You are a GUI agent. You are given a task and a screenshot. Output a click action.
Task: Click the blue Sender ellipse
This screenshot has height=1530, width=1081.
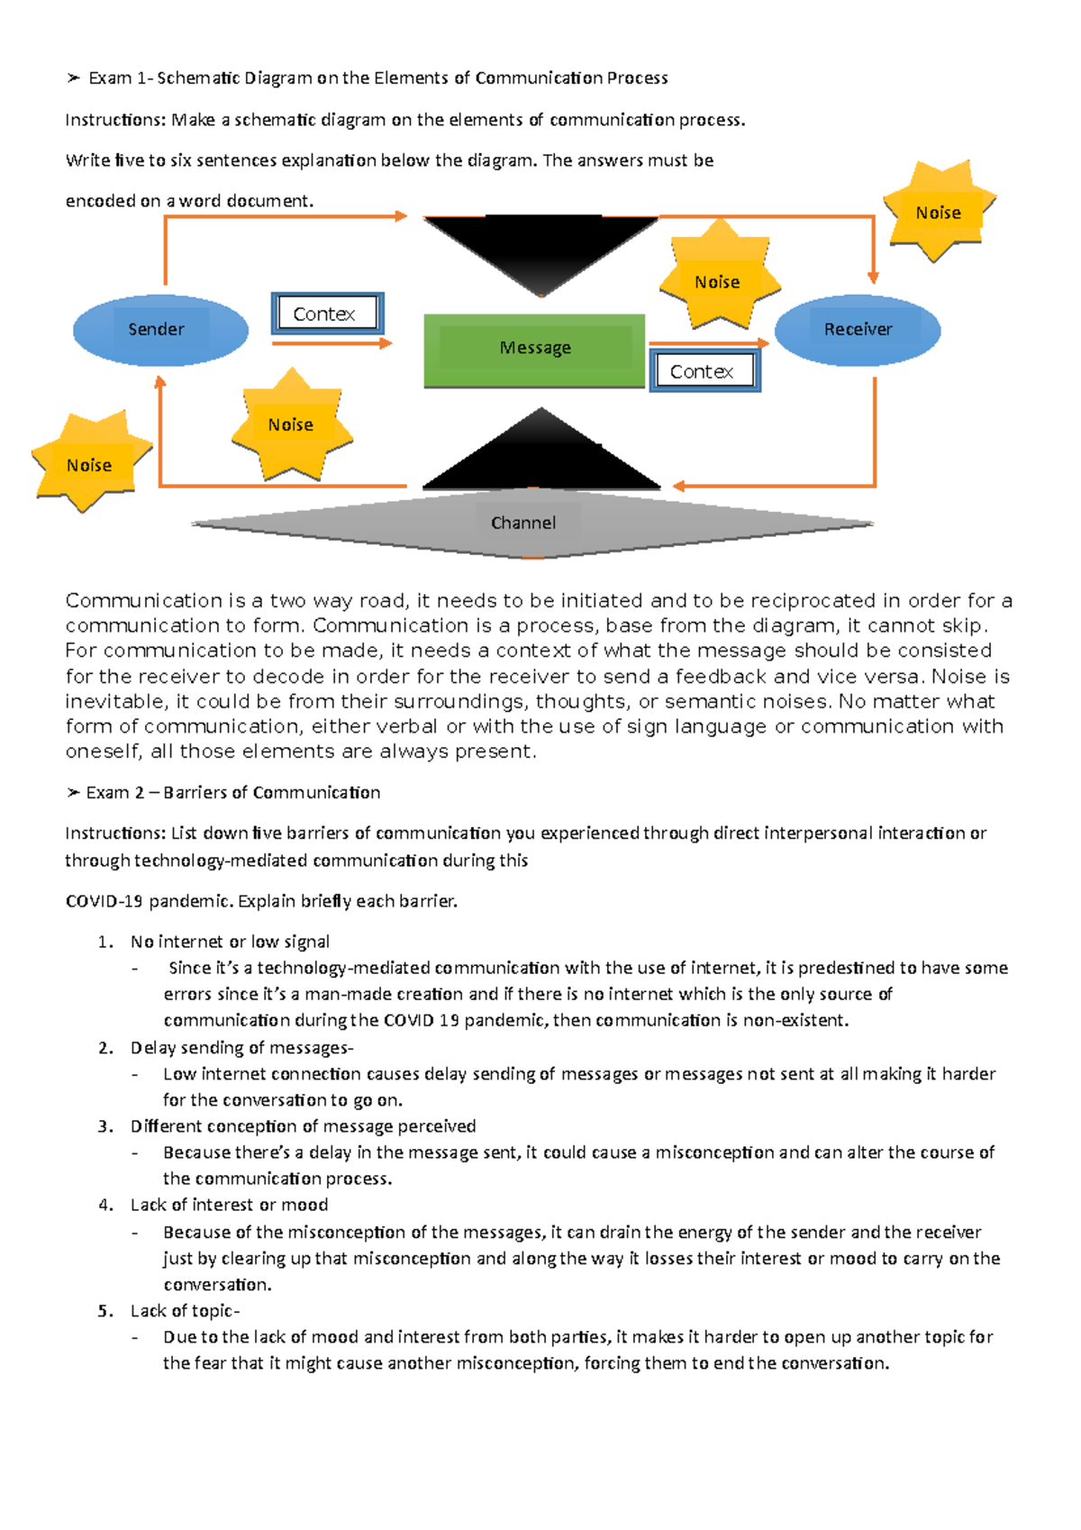(159, 330)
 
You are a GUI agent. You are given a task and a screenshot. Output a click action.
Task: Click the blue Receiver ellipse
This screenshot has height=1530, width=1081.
(857, 330)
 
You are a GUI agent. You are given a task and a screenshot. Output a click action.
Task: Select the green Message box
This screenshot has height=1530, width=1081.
(534, 350)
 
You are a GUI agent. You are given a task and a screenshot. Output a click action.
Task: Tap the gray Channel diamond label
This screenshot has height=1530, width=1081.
(523, 523)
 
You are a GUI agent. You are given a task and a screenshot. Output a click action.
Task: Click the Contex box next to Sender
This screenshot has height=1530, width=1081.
(327, 314)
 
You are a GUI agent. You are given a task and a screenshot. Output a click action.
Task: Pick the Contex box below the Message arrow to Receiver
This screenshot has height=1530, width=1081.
(704, 370)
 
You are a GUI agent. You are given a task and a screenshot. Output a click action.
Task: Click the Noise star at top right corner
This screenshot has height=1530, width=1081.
(939, 213)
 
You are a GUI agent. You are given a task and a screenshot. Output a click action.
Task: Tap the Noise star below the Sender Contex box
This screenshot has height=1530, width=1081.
(291, 424)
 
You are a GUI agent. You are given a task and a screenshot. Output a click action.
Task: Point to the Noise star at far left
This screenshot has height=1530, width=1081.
(89, 464)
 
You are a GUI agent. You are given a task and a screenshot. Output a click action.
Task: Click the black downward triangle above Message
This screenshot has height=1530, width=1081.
(540, 248)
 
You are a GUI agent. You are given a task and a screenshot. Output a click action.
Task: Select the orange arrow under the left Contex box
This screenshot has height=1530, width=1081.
(332, 343)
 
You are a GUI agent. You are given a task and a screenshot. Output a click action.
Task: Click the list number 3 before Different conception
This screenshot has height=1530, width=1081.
(105, 1126)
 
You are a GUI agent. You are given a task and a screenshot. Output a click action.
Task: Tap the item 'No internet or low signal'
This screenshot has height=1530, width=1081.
(230, 942)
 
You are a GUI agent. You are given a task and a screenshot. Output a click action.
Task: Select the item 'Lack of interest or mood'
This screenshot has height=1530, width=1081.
(229, 1205)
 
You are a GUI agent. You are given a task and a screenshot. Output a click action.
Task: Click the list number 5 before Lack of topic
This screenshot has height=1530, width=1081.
(105, 1311)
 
